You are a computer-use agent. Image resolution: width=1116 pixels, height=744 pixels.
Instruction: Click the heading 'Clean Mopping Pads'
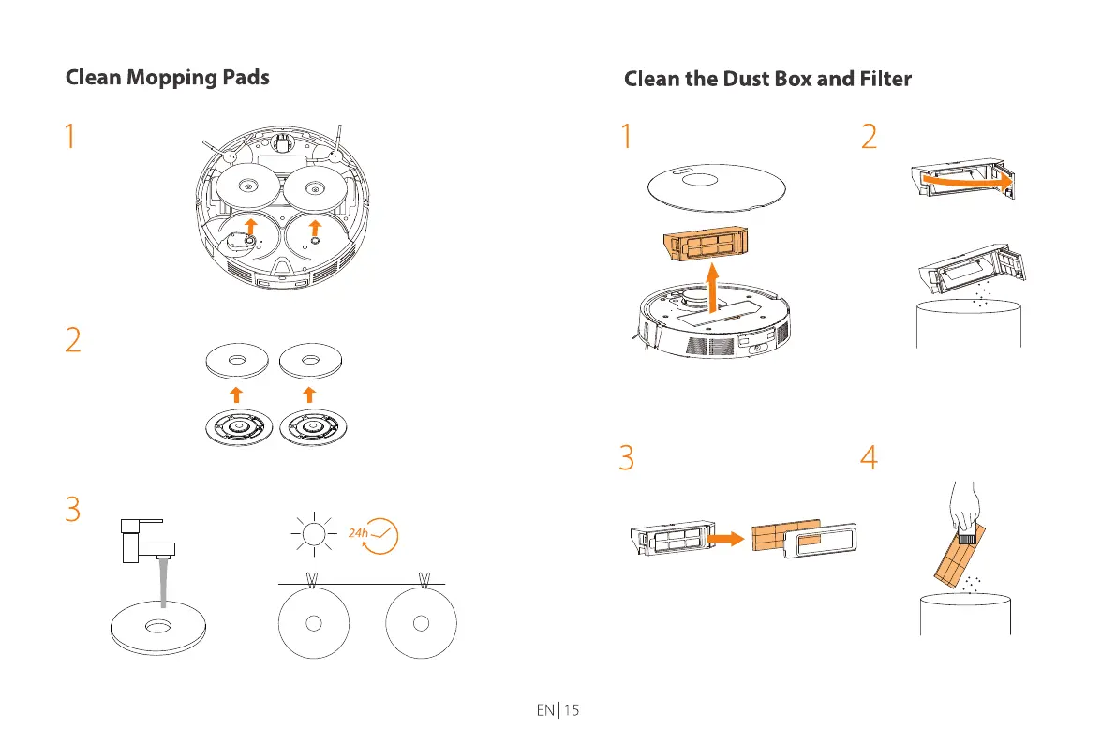pyautogui.click(x=167, y=77)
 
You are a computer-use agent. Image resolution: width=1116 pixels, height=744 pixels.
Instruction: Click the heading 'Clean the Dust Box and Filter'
pyautogui.click(x=767, y=79)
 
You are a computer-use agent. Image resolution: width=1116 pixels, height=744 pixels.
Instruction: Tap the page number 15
pyautogui.click(x=571, y=710)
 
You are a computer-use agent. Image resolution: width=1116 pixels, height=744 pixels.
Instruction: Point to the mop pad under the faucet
pyautogui.click(x=156, y=628)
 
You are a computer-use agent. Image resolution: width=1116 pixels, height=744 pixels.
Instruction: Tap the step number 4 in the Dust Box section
pyautogui.click(x=870, y=457)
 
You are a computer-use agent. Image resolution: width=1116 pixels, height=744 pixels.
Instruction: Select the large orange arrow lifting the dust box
pyautogui.click(x=714, y=286)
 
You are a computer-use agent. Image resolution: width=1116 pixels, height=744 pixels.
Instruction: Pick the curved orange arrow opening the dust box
pyautogui.click(x=965, y=181)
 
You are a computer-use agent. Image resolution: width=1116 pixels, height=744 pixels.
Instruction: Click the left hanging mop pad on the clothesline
pyautogui.click(x=315, y=623)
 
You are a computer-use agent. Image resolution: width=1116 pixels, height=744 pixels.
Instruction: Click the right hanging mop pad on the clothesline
pyautogui.click(x=423, y=623)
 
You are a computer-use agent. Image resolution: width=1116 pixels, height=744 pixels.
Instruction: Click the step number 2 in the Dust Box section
pyautogui.click(x=870, y=138)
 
